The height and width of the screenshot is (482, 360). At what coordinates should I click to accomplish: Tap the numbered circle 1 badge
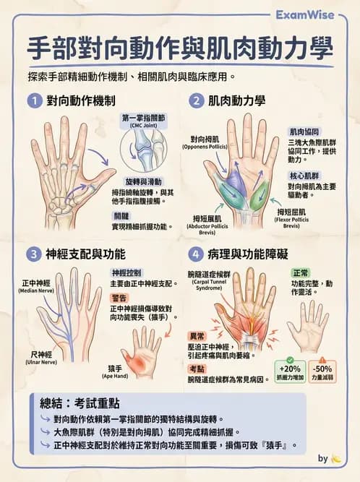click(33, 100)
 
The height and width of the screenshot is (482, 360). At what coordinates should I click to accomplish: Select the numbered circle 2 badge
click(196, 100)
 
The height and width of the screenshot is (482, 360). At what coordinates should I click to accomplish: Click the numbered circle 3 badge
click(33, 254)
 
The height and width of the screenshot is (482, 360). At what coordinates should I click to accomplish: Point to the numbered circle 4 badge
click(196, 254)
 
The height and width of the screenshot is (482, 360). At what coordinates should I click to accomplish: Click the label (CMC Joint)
click(145, 125)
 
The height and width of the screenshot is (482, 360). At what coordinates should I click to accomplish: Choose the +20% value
click(289, 368)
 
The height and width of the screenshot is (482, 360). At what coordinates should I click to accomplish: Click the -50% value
click(322, 368)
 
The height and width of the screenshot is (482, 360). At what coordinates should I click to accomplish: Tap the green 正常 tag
click(301, 274)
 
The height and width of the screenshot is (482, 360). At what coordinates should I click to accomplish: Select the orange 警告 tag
click(119, 297)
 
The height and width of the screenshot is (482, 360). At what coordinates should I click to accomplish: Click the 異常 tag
click(197, 336)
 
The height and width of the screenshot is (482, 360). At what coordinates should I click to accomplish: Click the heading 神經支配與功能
click(85, 254)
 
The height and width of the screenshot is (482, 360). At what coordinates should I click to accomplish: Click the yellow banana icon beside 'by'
click(337, 458)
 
